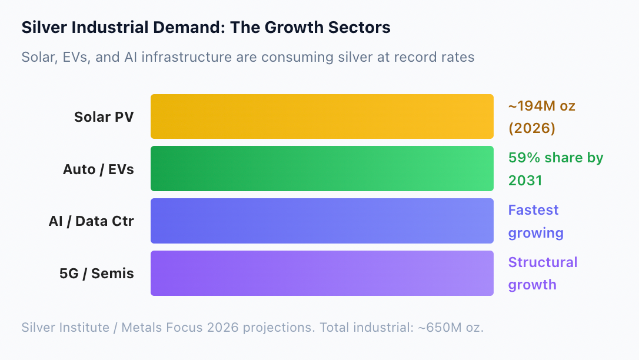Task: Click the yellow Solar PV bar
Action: click(x=322, y=116)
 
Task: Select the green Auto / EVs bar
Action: click(x=322, y=169)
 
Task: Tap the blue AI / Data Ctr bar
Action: click(x=322, y=221)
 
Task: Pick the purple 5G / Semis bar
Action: click(x=322, y=274)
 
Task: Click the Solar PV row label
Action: click(x=104, y=117)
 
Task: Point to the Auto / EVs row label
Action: click(x=98, y=169)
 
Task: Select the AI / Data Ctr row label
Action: click(x=91, y=221)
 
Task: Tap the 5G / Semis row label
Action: click(x=96, y=274)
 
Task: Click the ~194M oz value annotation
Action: click(x=541, y=106)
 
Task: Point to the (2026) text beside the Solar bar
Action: click(x=532, y=128)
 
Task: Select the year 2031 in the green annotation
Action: click(x=525, y=181)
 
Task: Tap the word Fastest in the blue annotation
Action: click(x=534, y=210)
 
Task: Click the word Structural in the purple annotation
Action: click(x=543, y=262)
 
